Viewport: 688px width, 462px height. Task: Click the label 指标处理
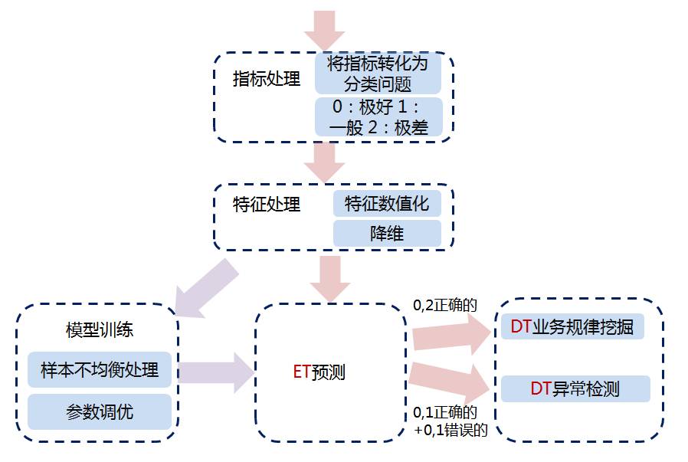point(267,80)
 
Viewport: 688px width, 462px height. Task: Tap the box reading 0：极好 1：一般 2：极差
point(378,117)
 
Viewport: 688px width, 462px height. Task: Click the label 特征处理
point(267,205)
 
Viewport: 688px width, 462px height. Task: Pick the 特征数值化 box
point(387,204)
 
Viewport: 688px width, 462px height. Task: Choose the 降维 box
point(387,233)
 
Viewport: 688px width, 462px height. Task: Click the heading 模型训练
point(100,330)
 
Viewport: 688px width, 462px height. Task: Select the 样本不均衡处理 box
point(100,370)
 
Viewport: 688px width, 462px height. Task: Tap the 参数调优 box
point(100,411)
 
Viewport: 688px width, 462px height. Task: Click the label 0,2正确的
point(445,305)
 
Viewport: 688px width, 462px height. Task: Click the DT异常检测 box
point(575,388)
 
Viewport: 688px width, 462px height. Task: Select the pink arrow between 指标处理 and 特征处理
point(324,162)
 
